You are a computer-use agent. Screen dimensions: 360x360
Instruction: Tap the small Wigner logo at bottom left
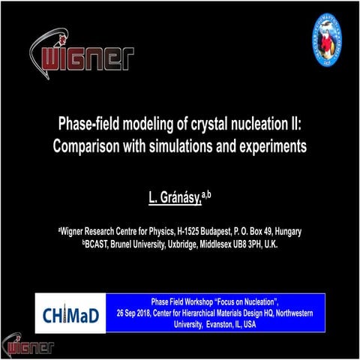click(x=28, y=346)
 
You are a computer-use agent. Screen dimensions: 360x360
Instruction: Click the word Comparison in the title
click(x=88, y=145)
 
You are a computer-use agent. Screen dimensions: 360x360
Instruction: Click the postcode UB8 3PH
click(x=252, y=244)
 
